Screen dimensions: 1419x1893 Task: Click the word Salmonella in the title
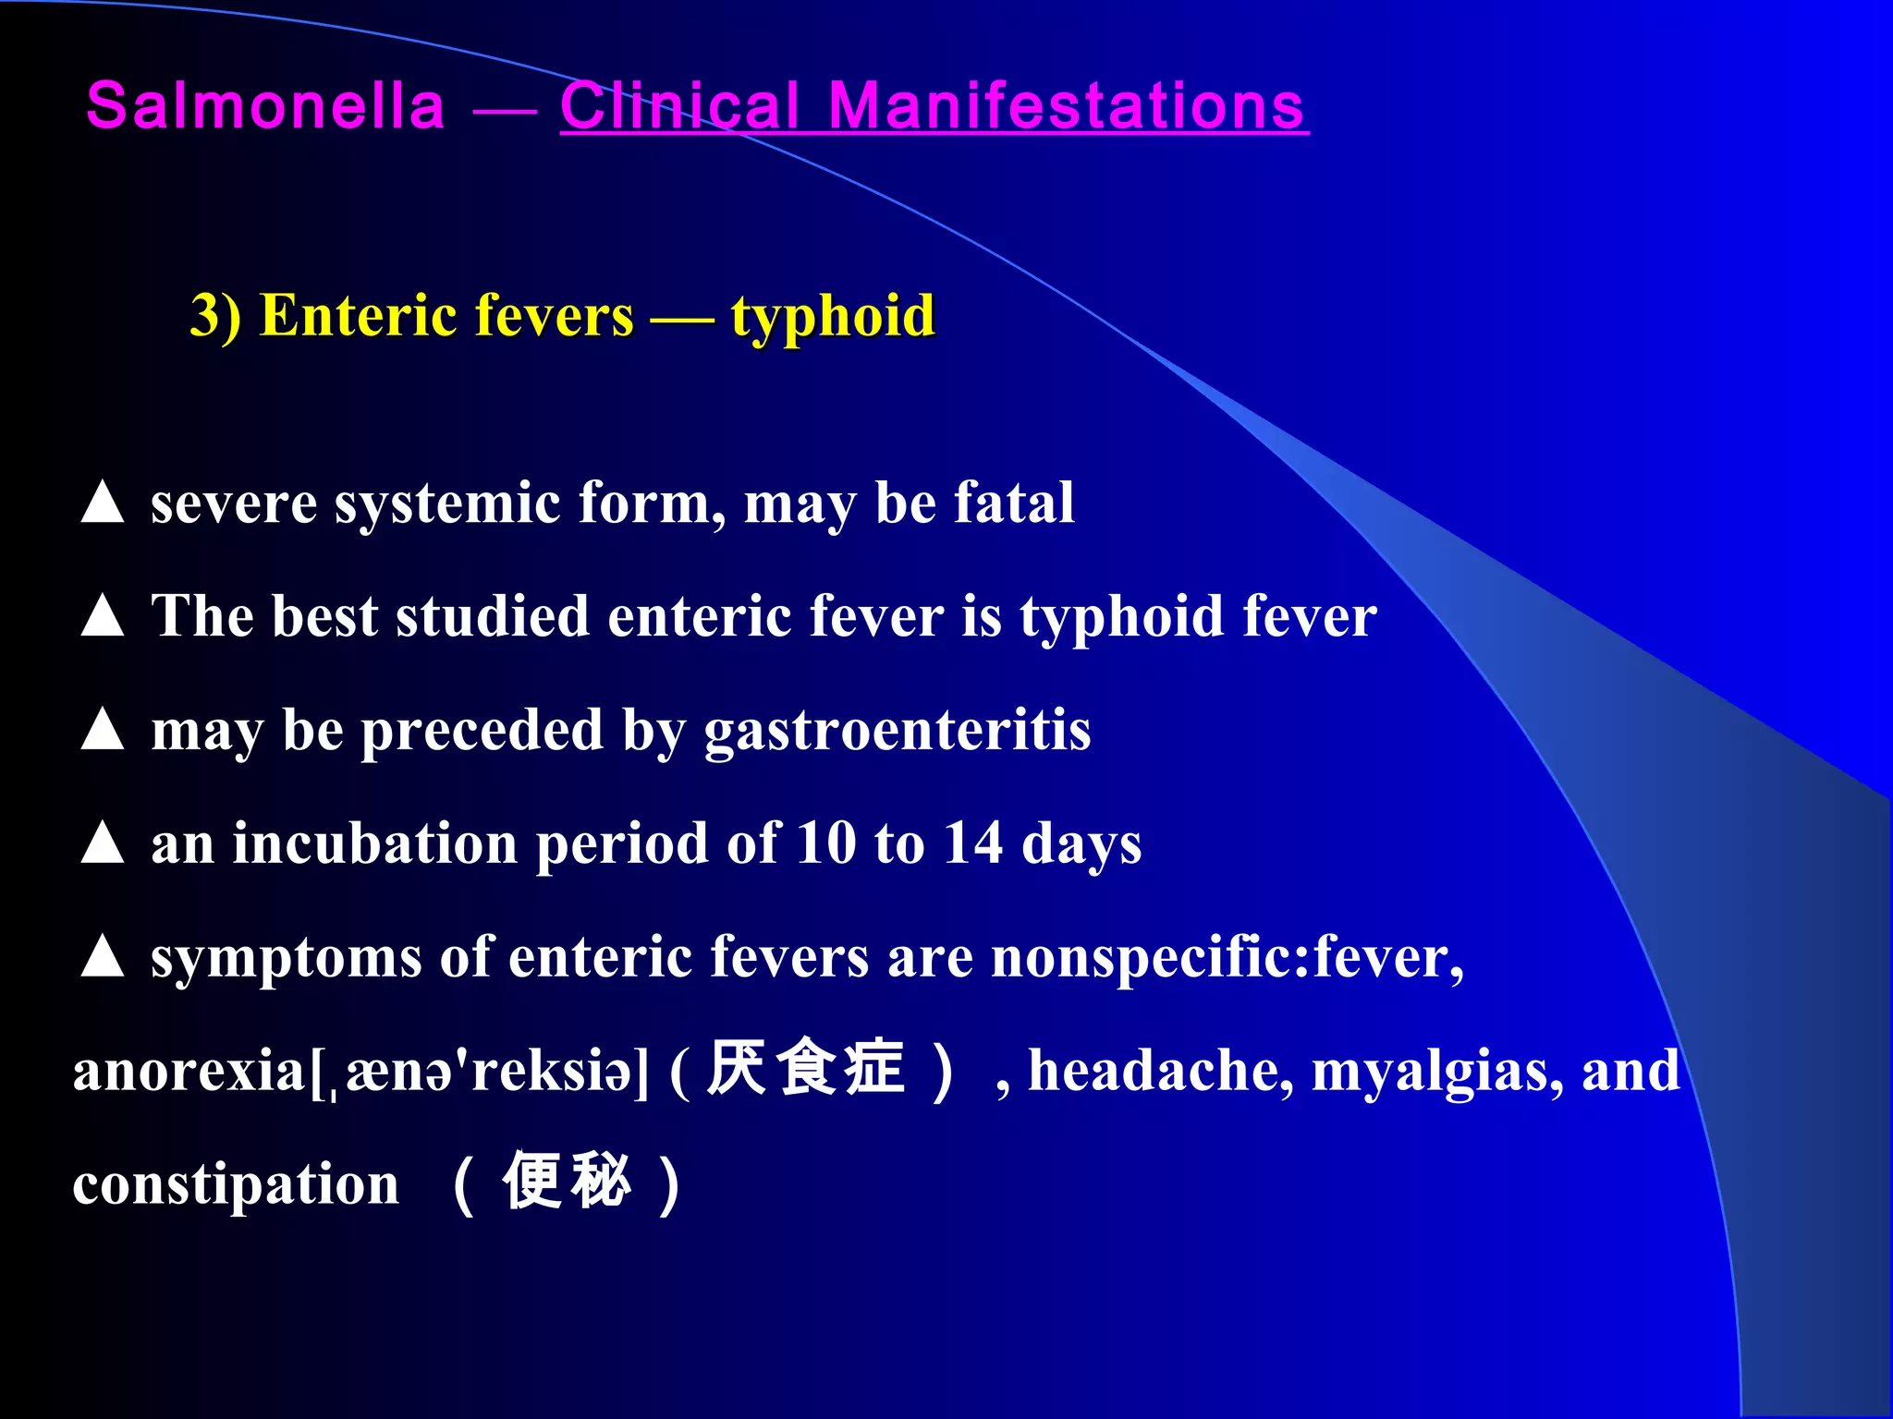pos(265,105)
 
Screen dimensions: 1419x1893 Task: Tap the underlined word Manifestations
pos(1066,105)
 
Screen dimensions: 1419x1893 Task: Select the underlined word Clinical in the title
pos(679,105)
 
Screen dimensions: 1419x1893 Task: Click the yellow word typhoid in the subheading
pos(833,317)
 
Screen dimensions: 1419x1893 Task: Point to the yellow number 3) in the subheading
pos(215,316)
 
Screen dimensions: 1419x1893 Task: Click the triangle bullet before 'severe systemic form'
pos(103,503)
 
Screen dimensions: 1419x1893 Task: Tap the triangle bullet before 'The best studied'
pos(103,616)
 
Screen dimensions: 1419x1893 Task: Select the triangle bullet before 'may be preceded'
pos(103,730)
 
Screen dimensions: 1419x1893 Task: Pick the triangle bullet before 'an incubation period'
pos(103,843)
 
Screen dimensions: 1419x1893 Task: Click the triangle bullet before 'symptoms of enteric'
pos(103,957)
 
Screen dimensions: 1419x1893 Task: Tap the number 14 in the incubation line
pos(972,843)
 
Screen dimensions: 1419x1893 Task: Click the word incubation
pos(374,843)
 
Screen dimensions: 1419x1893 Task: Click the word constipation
pos(236,1185)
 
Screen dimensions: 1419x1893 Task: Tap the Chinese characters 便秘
pos(567,1182)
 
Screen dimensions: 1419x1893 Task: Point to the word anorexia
pos(189,1072)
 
